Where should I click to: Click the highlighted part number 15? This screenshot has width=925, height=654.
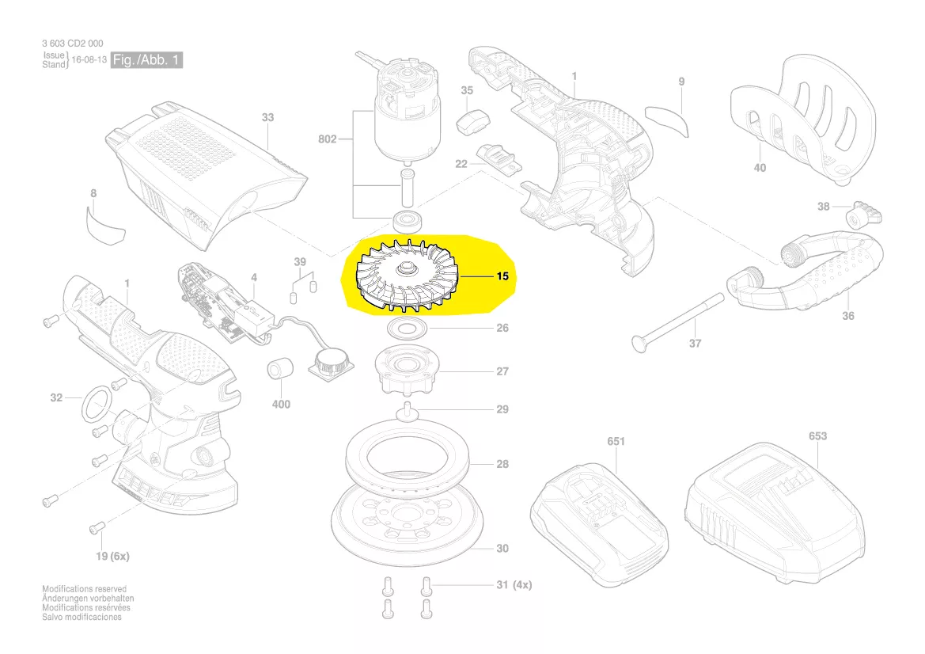click(x=502, y=277)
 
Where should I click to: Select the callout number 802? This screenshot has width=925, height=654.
click(x=327, y=139)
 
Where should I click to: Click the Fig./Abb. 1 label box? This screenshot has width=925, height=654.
click(x=146, y=60)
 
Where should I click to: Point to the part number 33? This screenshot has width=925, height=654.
click(x=267, y=117)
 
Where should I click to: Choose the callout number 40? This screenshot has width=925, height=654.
click(x=760, y=167)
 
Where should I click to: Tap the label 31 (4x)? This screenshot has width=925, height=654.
click(x=514, y=585)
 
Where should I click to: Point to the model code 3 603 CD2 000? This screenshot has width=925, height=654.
click(x=72, y=44)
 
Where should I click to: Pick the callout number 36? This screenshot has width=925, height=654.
click(x=848, y=316)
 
